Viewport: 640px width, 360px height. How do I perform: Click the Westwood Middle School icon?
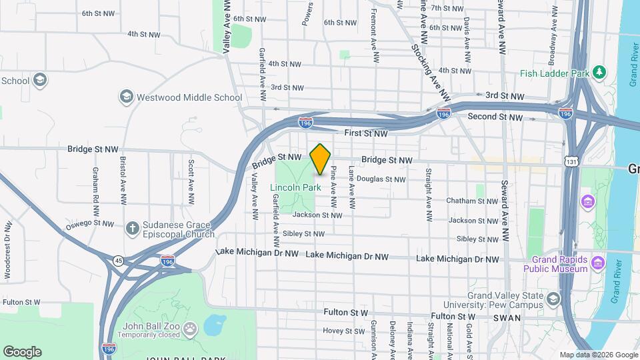pos(126,97)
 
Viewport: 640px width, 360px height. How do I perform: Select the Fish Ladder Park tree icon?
pos(600,71)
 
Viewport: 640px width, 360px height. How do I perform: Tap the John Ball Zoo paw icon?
pos(191,329)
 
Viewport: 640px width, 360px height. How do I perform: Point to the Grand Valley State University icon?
pos(553,299)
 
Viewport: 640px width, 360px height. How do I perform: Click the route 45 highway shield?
pos(118,260)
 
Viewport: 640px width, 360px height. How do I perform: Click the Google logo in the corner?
pos(21,352)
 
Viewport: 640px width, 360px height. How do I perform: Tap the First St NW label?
pos(366,134)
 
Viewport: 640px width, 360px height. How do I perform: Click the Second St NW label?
pos(495,117)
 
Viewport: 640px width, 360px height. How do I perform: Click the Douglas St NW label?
pos(381,179)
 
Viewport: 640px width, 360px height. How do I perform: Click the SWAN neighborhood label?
pos(506,319)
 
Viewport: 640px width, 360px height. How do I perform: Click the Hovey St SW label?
pos(344,331)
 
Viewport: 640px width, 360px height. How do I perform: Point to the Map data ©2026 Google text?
pos(599,355)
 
